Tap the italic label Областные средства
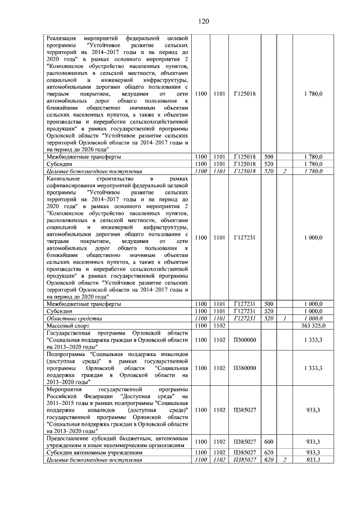[x=73, y=318]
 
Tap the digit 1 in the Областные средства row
[x=285, y=318]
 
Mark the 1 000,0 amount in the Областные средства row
[x=313, y=318]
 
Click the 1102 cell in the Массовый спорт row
[x=219, y=325]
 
